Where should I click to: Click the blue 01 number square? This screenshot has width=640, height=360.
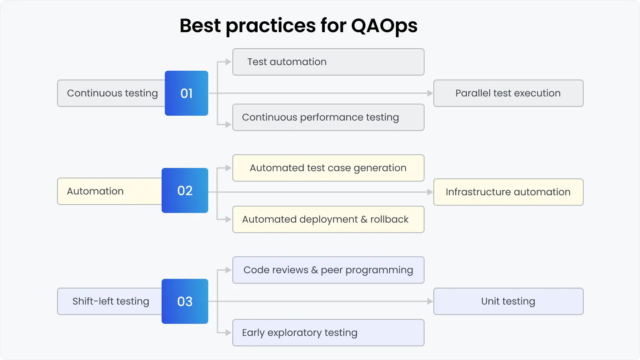(187, 93)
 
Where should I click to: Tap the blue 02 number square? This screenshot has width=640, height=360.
(185, 190)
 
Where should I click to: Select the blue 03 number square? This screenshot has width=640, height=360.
(185, 301)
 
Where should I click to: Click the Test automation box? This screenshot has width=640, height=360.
(328, 62)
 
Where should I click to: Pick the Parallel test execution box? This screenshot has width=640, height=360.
(508, 93)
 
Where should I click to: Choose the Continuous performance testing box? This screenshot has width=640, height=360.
(328, 117)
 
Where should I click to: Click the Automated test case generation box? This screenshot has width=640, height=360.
(328, 168)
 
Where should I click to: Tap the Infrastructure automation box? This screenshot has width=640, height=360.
(508, 192)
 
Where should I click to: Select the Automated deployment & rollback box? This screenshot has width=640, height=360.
(328, 219)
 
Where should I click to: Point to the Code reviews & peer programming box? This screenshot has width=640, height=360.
(328, 270)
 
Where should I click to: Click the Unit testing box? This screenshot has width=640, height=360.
(508, 301)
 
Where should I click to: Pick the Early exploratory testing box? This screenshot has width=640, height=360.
(328, 333)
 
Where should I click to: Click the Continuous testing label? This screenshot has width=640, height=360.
(112, 93)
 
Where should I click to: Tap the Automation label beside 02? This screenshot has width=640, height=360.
(95, 191)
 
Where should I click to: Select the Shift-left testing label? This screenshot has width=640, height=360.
(111, 301)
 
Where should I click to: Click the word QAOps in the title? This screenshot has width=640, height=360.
(384, 26)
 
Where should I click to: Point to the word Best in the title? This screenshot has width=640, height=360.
(200, 26)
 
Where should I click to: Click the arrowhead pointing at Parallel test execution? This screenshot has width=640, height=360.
(430, 93)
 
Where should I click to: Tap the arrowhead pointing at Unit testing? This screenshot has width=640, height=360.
(430, 301)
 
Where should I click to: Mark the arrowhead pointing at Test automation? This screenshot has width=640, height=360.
(228, 62)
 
